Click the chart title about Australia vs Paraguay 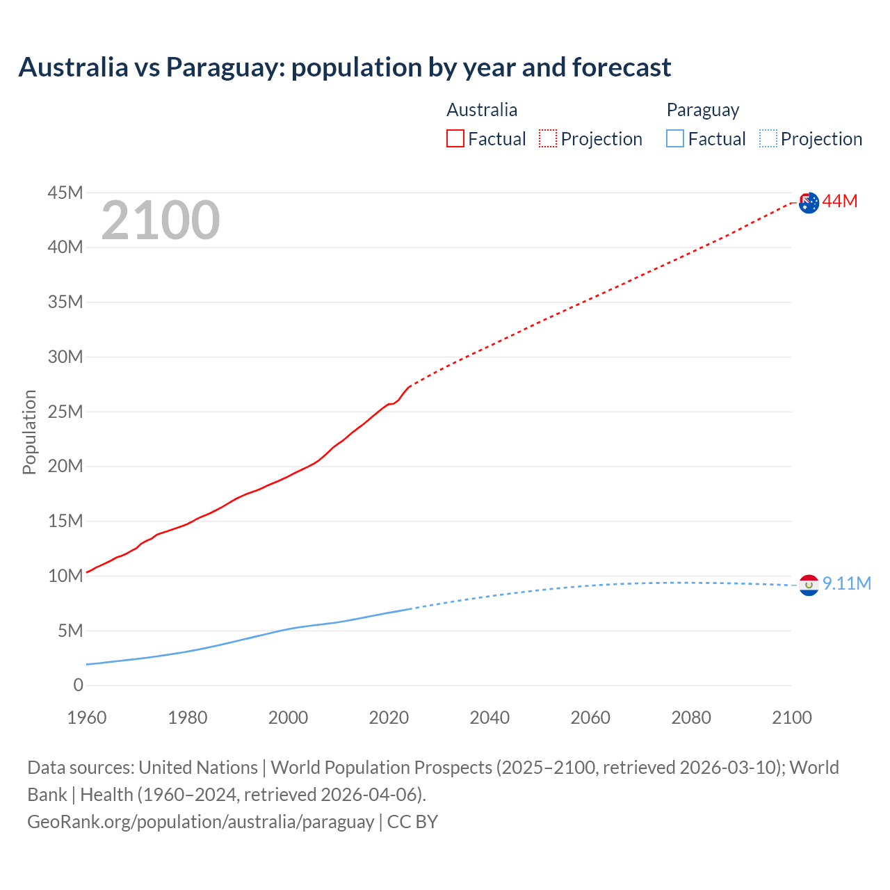(345, 67)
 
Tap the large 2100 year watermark (161, 220)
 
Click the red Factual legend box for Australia (455, 138)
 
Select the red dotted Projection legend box (548, 138)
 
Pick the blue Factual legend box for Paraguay (675, 138)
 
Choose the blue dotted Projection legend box (768, 138)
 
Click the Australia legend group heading (482, 110)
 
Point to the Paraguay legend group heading (702, 110)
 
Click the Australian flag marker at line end (809, 202)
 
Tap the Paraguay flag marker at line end (809, 585)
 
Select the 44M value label (840, 202)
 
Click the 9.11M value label (847, 583)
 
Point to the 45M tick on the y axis (65, 193)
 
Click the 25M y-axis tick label (65, 412)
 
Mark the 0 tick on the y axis (78, 686)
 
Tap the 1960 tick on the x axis (87, 718)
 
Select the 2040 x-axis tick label (489, 718)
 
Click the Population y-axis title (29, 432)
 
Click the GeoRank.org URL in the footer (200, 822)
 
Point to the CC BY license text (412, 822)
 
